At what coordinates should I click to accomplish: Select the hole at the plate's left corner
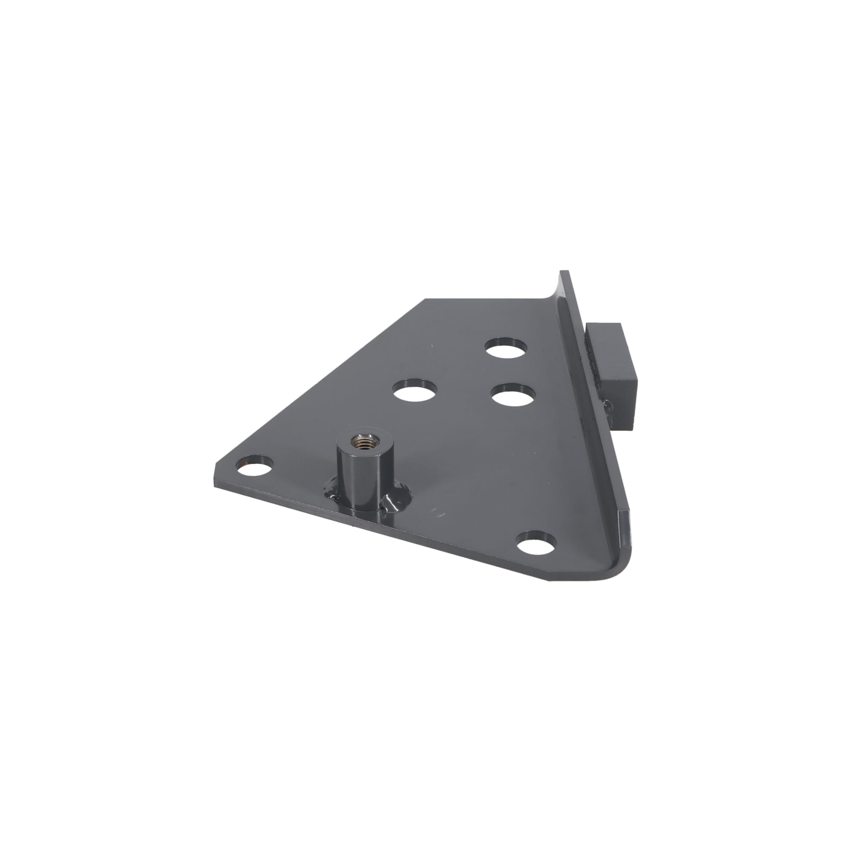tap(255, 466)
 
